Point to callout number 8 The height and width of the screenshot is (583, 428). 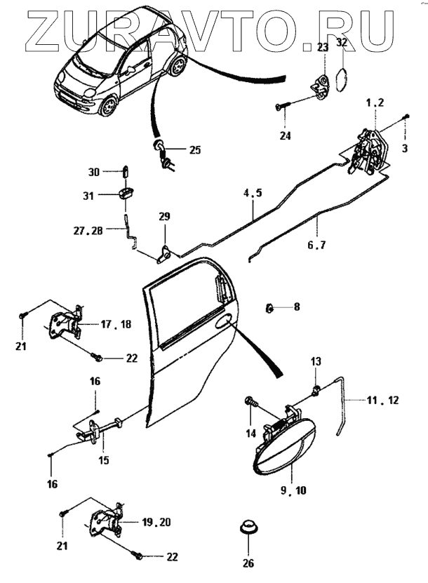click(x=296, y=307)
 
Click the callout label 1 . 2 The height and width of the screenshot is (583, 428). click(x=375, y=102)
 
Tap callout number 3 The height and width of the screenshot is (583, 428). click(x=404, y=148)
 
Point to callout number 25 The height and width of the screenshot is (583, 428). click(x=194, y=150)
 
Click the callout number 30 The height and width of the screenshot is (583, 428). click(x=95, y=172)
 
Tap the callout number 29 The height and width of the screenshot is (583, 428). click(x=164, y=218)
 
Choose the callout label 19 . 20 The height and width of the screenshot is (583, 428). click(x=156, y=522)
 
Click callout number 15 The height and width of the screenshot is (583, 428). click(x=104, y=460)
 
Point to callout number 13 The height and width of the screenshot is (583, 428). click(x=316, y=361)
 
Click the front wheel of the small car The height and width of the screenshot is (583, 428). click(x=109, y=107)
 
